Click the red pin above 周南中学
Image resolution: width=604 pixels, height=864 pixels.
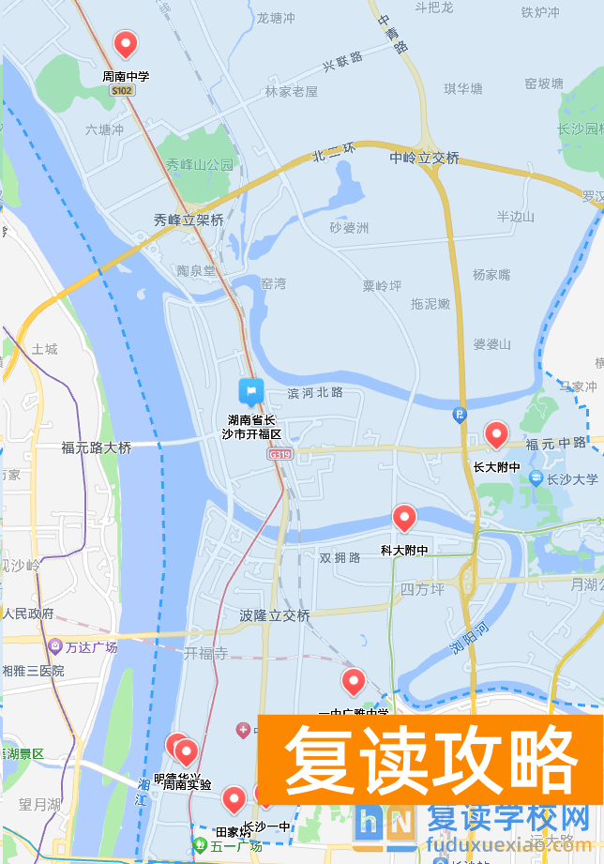(x=125, y=43)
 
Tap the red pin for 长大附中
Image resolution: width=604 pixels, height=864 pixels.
(x=495, y=434)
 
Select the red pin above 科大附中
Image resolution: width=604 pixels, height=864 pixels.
(x=404, y=517)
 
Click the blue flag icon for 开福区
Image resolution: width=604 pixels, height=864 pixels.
(x=250, y=390)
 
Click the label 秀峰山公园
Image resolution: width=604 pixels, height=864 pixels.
(x=199, y=164)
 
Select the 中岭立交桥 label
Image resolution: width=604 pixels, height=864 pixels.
(x=424, y=158)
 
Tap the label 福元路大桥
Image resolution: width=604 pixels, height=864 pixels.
(x=97, y=448)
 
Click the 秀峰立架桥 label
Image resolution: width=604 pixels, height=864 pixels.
(x=189, y=220)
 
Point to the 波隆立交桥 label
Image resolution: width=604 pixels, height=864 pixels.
(x=275, y=615)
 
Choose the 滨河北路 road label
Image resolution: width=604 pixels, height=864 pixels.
(x=315, y=392)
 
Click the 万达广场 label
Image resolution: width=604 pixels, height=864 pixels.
(x=92, y=647)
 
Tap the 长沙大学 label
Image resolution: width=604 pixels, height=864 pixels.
(x=573, y=479)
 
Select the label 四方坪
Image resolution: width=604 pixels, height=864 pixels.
(x=421, y=589)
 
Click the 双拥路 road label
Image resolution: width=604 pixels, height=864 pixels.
(x=340, y=557)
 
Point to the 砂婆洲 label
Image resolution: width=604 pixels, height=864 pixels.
(x=349, y=228)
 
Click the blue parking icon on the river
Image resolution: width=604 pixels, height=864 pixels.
(x=460, y=414)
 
